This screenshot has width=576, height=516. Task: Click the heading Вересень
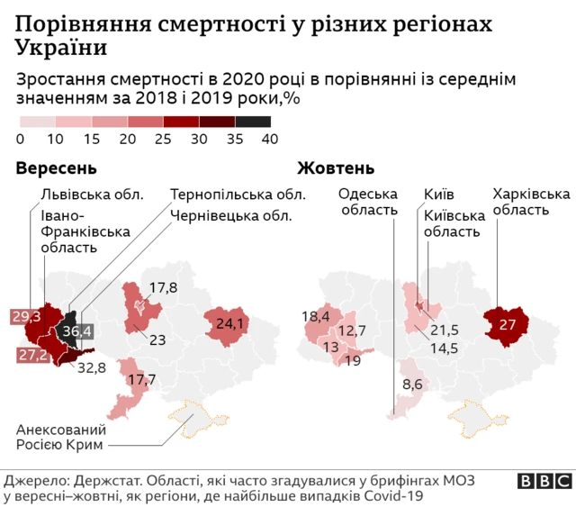point(56,168)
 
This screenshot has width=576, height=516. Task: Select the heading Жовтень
point(336,168)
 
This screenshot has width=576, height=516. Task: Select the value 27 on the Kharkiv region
point(508,324)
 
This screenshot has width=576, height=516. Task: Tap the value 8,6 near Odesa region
point(413,384)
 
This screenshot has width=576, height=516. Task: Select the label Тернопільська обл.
point(238,194)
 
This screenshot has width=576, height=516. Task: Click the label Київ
point(438,194)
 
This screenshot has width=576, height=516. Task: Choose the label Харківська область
point(531,202)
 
